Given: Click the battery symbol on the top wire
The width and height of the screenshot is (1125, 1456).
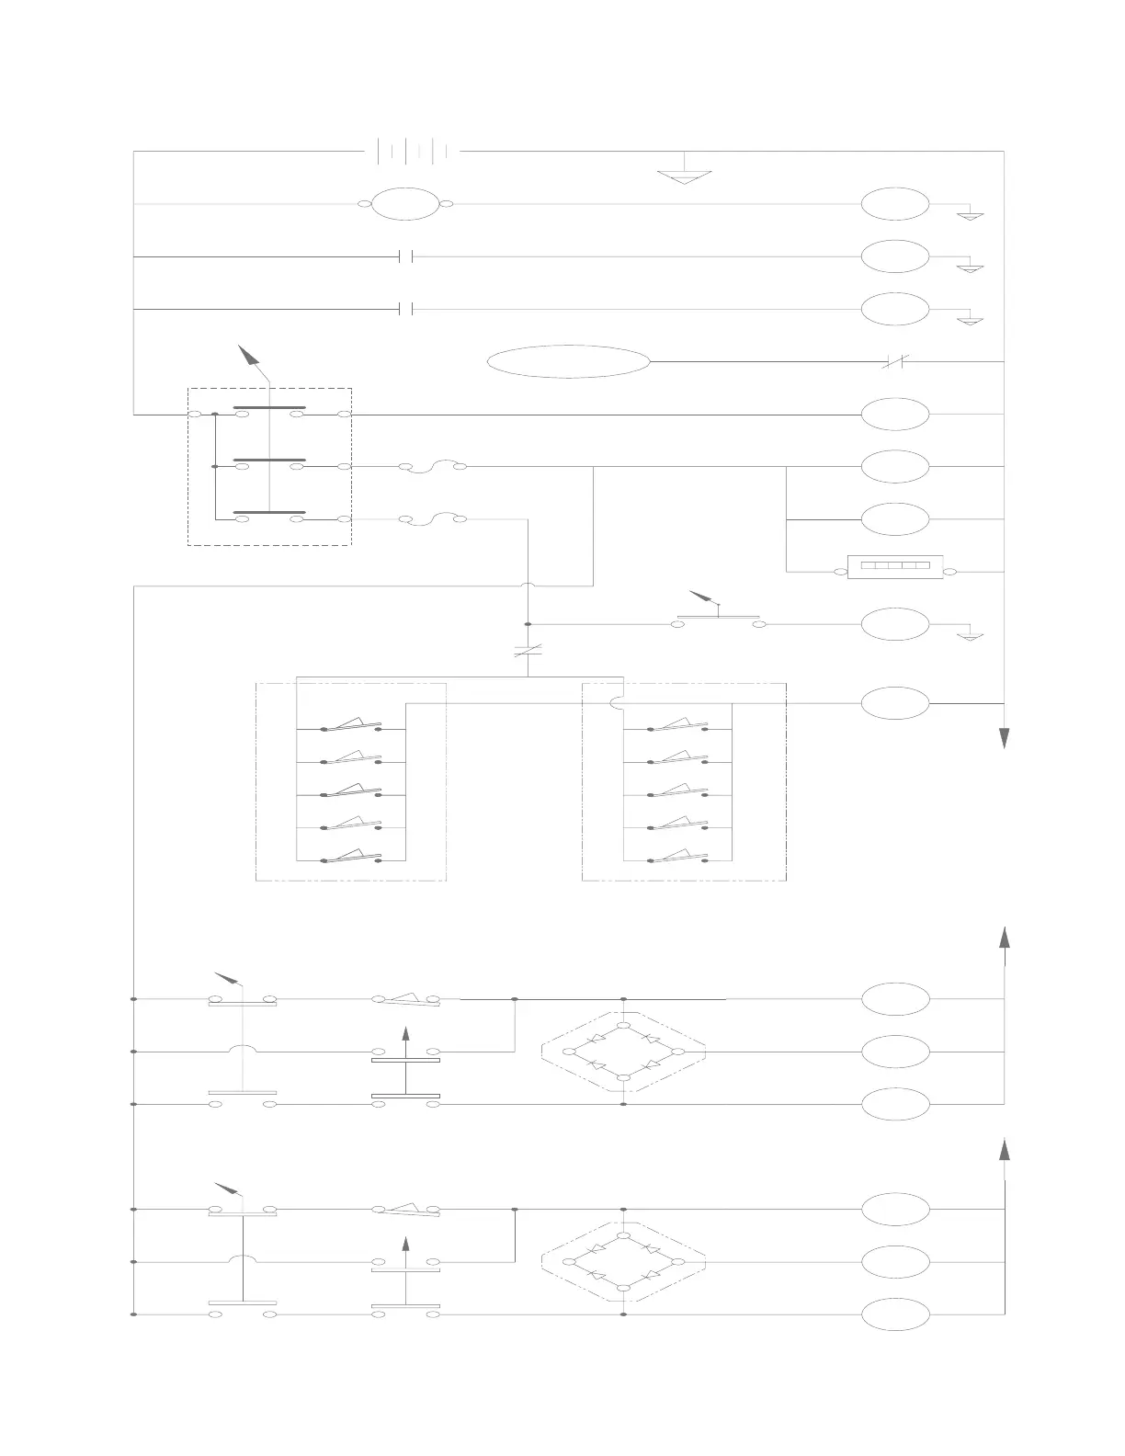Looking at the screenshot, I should click(413, 151).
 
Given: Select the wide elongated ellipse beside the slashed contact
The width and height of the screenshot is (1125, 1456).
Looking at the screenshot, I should click(568, 362).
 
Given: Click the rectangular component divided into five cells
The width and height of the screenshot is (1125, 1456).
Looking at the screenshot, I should click(895, 572).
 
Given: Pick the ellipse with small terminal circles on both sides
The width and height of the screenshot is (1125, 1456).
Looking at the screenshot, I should click(405, 204).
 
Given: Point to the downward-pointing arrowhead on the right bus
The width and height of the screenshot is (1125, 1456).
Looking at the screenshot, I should click(1005, 738).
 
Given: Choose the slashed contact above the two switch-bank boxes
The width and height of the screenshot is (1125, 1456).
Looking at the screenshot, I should click(528, 651).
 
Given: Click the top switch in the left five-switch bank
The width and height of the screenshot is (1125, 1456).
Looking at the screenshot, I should click(352, 726).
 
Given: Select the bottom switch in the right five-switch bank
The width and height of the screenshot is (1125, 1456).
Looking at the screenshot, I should click(678, 858).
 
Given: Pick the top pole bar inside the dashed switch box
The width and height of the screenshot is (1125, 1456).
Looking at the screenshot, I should click(269, 407).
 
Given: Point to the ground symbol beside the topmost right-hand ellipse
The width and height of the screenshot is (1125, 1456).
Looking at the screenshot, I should click(971, 217).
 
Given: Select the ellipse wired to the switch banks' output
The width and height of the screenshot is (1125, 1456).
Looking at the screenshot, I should click(895, 703).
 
